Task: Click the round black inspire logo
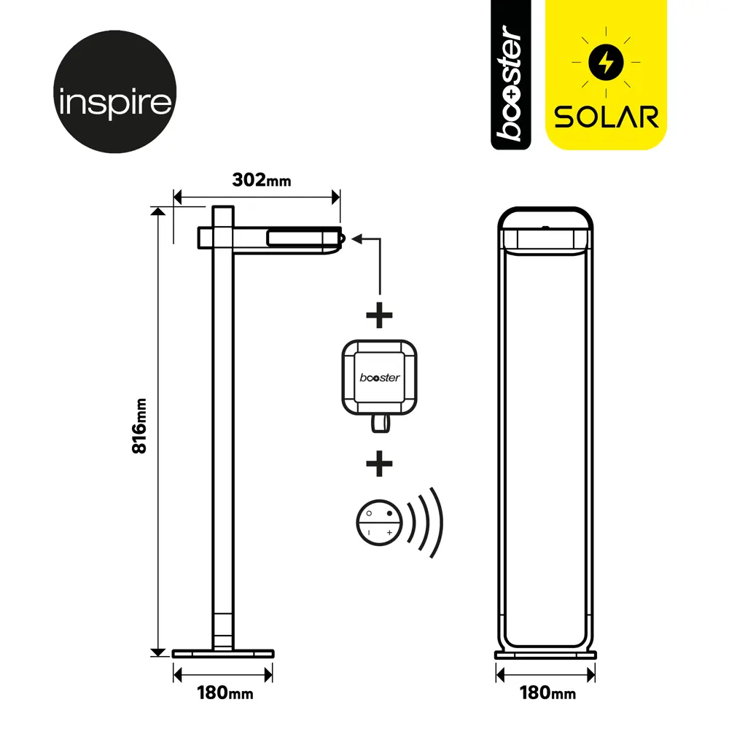pyautogui.click(x=115, y=92)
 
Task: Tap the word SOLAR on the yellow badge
pyautogui.click(x=607, y=117)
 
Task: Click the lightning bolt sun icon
pyautogui.click(x=606, y=62)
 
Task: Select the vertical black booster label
pyautogui.click(x=510, y=75)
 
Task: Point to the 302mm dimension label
pyautogui.click(x=262, y=180)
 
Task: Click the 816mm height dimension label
pyautogui.click(x=139, y=426)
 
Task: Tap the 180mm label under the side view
pyautogui.click(x=225, y=693)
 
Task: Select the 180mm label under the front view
pyautogui.click(x=547, y=693)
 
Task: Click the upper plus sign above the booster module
pyautogui.click(x=379, y=315)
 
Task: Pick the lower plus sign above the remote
pyautogui.click(x=379, y=464)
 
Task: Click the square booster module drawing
pyautogui.click(x=379, y=378)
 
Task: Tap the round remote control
pyautogui.click(x=379, y=523)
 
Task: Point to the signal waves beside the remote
pyautogui.click(x=426, y=523)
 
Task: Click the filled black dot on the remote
pyautogui.click(x=389, y=513)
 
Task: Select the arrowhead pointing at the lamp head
pyautogui.click(x=357, y=239)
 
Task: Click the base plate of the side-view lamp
pyautogui.click(x=223, y=654)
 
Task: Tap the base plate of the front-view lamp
pyautogui.click(x=545, y=655)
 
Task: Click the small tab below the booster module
pyautogui.click(x=381, y=424)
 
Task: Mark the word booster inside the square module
pyautogui.click(x=379, y=378)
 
